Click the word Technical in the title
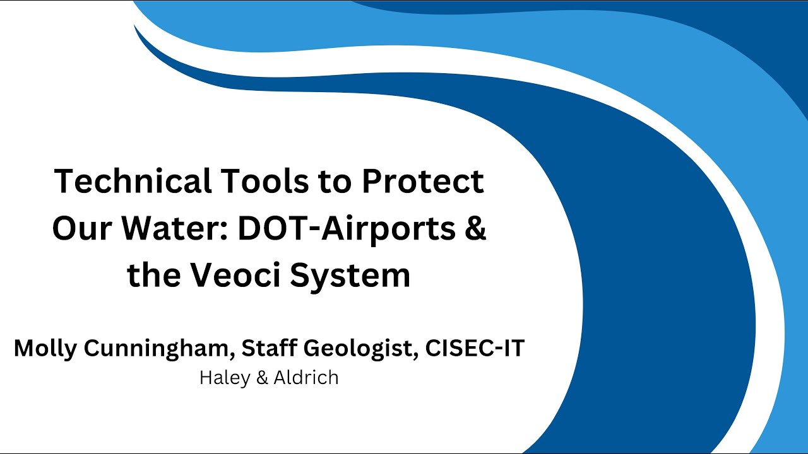click(x=133, y=182)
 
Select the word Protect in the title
click(x=423, y=182)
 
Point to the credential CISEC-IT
click(x=475, y=348)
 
